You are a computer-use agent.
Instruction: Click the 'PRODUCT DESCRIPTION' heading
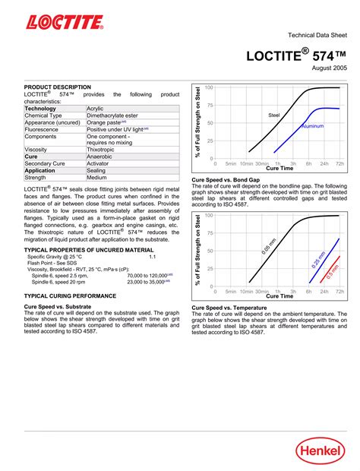tap(58, 87)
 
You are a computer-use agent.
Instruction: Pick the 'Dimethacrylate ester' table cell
tap(116, 115)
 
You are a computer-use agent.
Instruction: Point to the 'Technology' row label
tap(40, 109)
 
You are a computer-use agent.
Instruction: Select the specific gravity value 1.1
tap(153, 257)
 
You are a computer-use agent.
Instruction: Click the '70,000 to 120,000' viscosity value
tap(147, 274)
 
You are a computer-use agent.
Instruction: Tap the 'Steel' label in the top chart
tap(274, 115)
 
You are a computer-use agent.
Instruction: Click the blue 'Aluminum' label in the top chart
tap(313, 125)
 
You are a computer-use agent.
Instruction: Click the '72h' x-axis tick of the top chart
tap(339, 163)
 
